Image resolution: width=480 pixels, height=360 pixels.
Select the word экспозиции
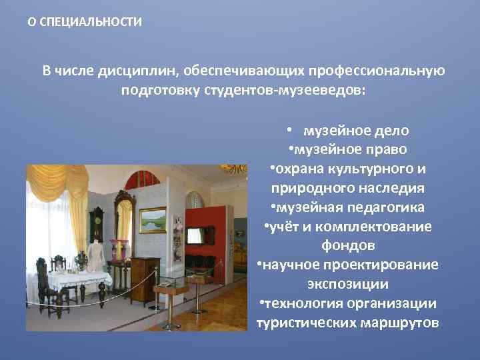pos(347,284)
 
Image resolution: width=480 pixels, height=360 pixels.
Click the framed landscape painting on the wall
pos(152,220)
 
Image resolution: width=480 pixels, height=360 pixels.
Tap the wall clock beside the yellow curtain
pos(98,221)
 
